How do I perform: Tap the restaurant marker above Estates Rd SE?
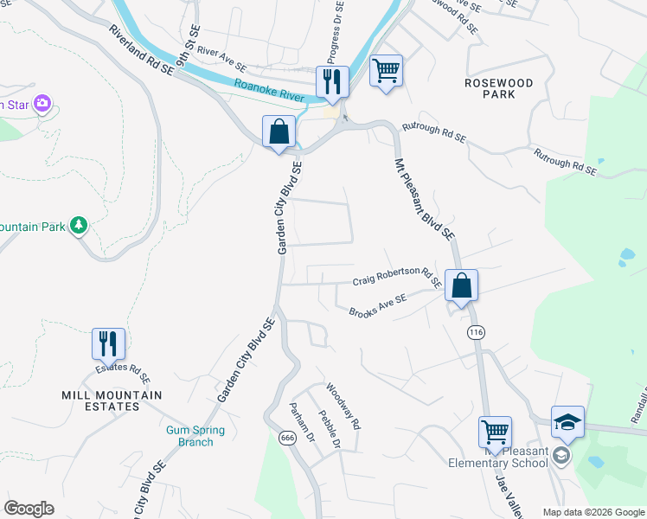(x=109, y=344)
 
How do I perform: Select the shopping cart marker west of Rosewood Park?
(x=386, y=71)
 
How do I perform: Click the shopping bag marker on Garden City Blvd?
(x=279, y=133)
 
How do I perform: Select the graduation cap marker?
(x=567, y=422)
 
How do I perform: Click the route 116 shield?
(x=476, y=332)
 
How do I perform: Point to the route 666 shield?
(x=288, y=438)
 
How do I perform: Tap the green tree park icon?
(x=79, y=226)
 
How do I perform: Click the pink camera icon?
(x=42, y=105)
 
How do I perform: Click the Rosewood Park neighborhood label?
(x=498, y=88)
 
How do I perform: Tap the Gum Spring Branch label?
(x=195, y=436)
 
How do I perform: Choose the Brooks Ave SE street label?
(x=377, y=306)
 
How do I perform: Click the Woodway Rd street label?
(x=343, y=407)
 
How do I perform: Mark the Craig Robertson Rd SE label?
(x=397, y=277)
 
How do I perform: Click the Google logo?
(x=29, y=509)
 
